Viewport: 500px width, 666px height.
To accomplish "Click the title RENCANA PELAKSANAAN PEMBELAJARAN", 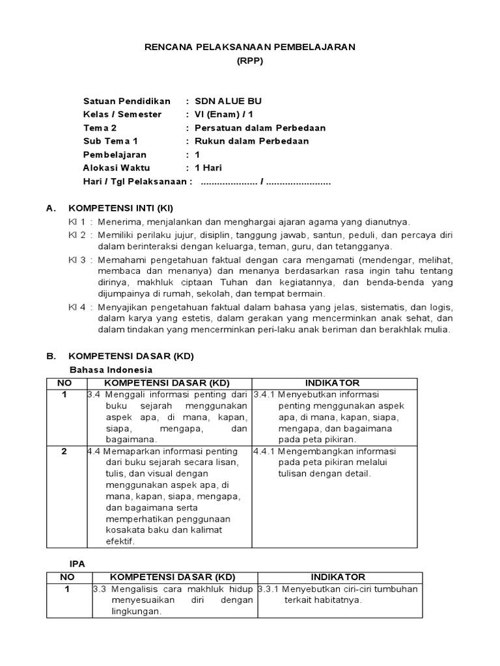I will pyautogui.click(x=249, y=47).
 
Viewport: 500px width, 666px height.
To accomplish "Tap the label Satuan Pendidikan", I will pyautogui.click(x=127, y=101).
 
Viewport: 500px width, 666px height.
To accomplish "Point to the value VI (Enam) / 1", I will pyautogui.click(x=229, y=114).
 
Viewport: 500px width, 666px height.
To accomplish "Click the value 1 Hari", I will pyautogui.click(x=210, y=168).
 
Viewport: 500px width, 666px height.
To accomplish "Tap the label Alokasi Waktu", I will pyautogui.click(x=117, y=168).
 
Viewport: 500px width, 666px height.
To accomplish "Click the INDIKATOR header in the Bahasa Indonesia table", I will pyautogui.click(x=332, y=383).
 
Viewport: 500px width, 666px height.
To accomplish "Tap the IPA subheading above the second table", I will pyautogui.click(x=77, y=563).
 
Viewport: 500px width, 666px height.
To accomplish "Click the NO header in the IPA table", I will pyautogui.click(x=67, y=577).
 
